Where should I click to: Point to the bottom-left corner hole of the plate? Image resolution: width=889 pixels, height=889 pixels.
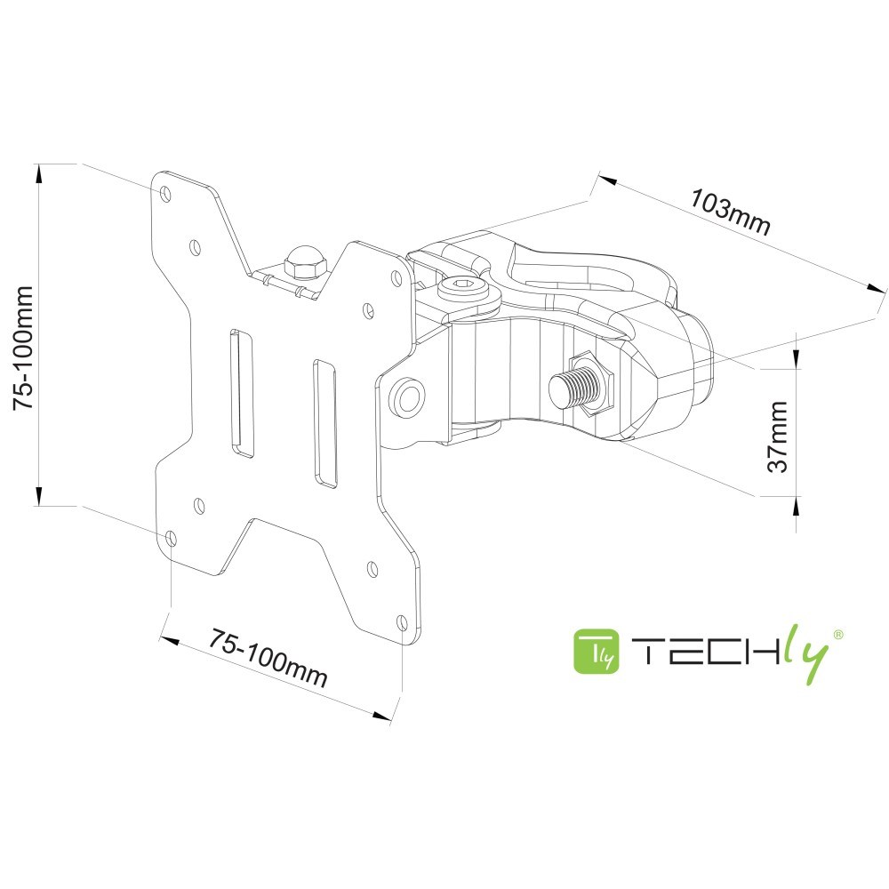[x=170, y=538]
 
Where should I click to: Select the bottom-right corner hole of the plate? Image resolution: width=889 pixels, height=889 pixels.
[x=401, y=622]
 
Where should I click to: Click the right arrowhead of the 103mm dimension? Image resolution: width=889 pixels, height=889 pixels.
[x=877, y=288]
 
